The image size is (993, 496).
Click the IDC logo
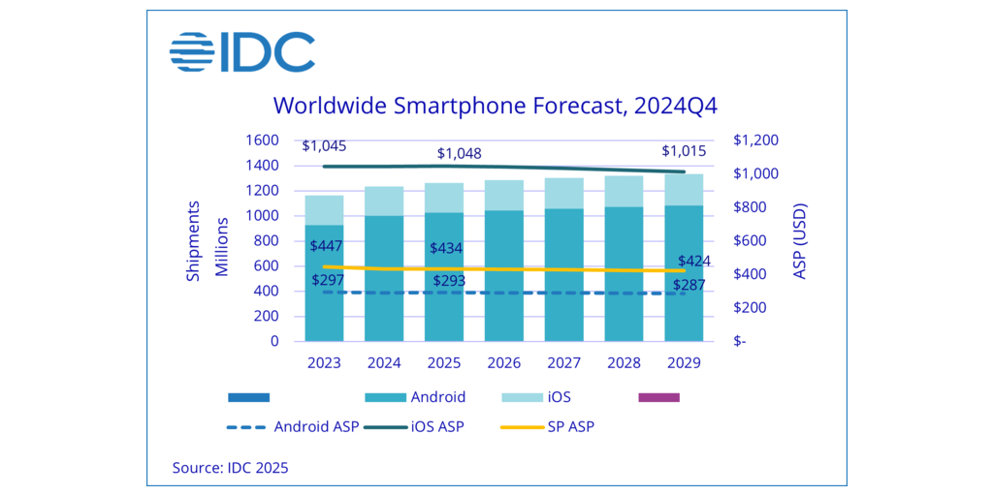241,52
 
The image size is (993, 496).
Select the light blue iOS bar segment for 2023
324,209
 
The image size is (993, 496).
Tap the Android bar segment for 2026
503,275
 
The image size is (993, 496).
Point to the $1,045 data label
324,146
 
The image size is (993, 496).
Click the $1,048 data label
459,153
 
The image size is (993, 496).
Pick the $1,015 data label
684,151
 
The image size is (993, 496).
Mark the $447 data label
325,246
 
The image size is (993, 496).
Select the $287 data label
689,286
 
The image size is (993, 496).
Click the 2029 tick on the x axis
683,362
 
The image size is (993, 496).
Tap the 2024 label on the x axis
384,362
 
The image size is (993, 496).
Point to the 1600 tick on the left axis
262,140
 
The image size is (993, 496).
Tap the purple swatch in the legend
659,397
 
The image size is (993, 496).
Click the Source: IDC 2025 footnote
230,468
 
